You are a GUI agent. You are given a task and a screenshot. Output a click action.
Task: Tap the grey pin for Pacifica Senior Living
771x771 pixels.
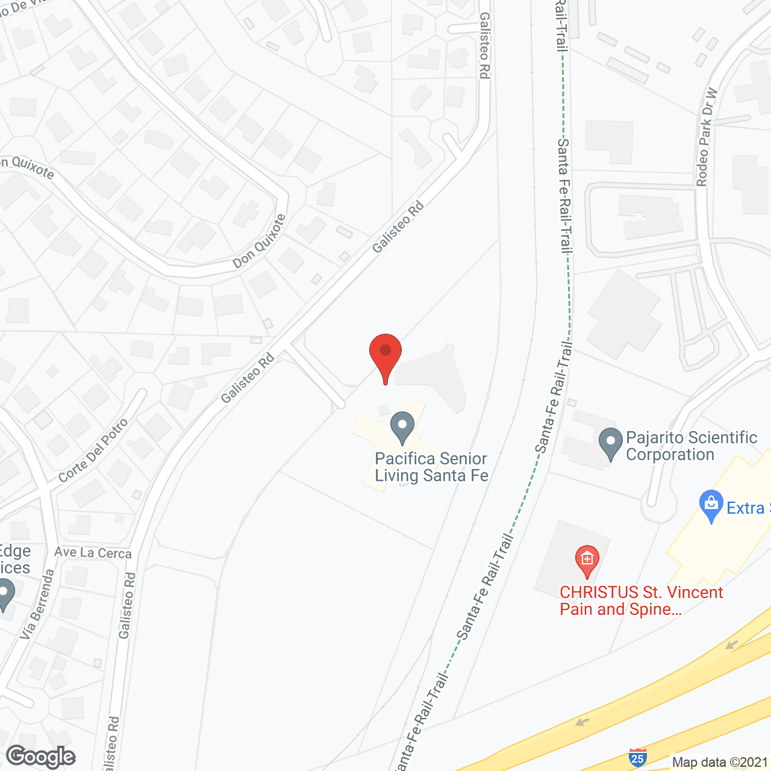(x=402, y=426)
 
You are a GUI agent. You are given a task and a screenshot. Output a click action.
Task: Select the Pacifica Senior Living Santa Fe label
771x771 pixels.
(x=431, y=467)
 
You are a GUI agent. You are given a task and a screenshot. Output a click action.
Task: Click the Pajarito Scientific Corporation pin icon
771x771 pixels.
(x=610, y=442)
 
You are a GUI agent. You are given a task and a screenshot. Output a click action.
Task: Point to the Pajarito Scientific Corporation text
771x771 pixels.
(x=691, y=446)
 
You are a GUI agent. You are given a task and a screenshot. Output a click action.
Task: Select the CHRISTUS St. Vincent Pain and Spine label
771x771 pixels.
(x=641, y=601)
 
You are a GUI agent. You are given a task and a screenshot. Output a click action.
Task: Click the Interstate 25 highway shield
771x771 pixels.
(x=637, y=757)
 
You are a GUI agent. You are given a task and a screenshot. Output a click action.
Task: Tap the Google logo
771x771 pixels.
(x=41, y=757)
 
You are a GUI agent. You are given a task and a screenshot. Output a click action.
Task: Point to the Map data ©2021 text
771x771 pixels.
(x=720, y=763)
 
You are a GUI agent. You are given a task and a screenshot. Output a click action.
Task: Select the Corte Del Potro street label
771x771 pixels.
(x=93, y=450)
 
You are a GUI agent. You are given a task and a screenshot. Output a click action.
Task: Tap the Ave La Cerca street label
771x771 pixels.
(x=93, y=553)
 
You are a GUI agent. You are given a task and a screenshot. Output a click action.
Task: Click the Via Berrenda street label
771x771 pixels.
(x=37, y=604)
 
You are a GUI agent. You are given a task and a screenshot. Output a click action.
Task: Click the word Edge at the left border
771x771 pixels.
(x=14, y=552)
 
